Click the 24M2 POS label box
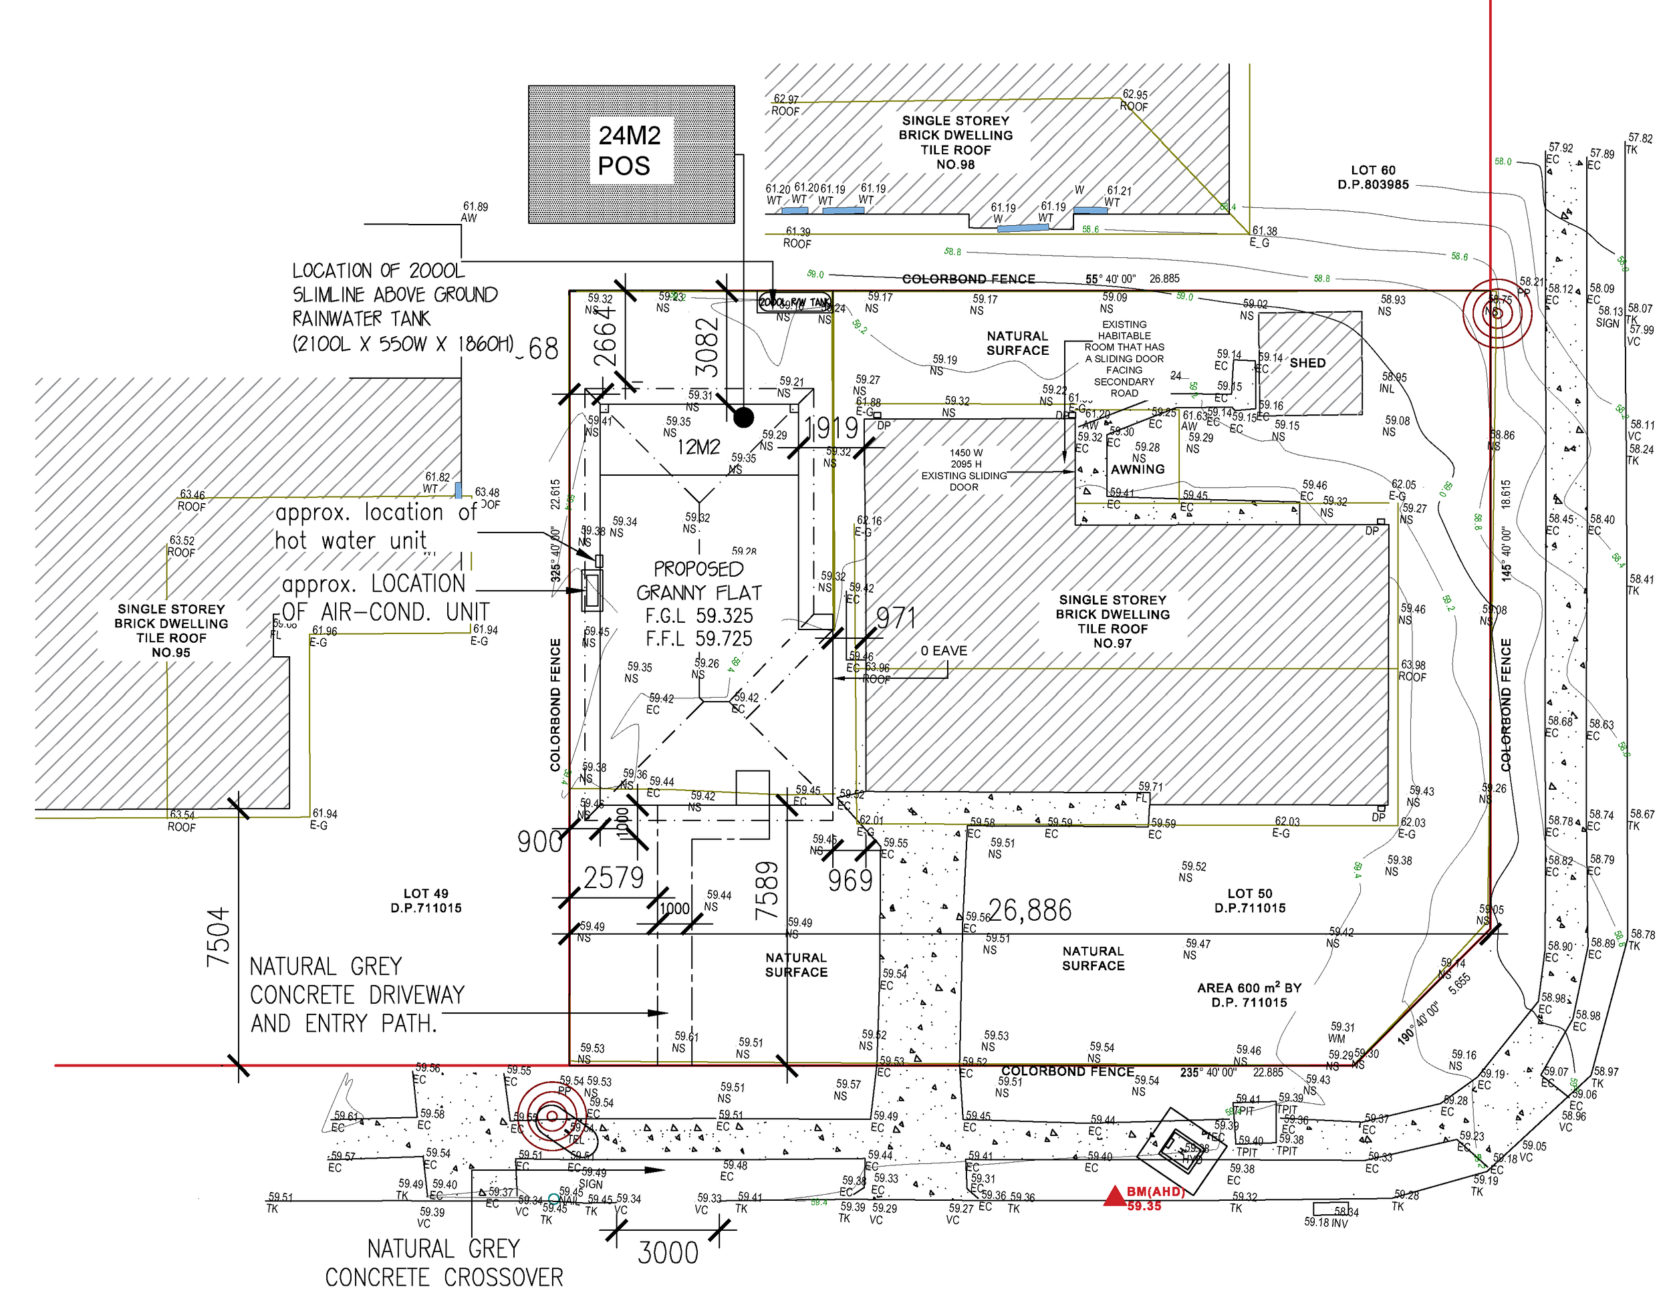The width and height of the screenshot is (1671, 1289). coord(630,151)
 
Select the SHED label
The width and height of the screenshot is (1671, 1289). coord(1307,363)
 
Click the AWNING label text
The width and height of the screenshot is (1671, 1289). coord(1138,469)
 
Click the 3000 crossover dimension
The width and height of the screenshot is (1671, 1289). coord(668,1253)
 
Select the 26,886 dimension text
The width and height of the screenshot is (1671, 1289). coord(1030,910)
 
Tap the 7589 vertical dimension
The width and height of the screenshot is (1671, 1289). coord(767,891)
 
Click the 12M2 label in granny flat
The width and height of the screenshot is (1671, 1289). coord(698,447)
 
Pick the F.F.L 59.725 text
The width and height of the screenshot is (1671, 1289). coord(698,638)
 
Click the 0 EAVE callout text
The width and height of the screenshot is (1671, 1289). coord(943,650)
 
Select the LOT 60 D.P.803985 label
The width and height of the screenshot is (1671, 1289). coord(1373,178)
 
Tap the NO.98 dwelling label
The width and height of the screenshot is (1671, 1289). coord(955,164)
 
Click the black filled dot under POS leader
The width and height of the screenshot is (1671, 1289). coord(744,417)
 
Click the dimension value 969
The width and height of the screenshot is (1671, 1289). coord(850,881)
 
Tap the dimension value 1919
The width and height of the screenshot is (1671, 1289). coord(831,428)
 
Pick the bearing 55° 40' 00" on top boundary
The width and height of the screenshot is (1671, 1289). coord(1110,279)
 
